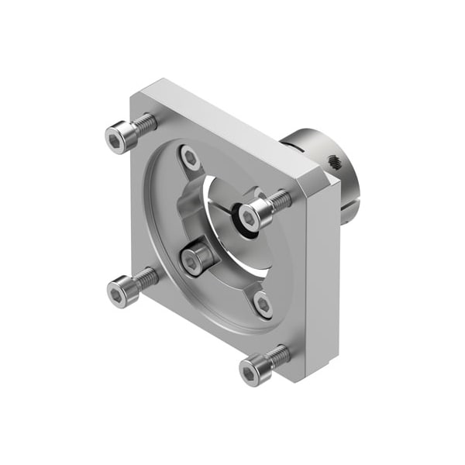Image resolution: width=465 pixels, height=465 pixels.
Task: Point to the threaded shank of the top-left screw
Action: pos(144,124)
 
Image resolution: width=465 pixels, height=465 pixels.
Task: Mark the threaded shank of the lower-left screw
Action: pos(145,278)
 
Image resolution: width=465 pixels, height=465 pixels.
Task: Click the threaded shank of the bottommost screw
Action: pos(277,356)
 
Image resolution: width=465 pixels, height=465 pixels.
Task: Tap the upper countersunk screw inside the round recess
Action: pos(189,158)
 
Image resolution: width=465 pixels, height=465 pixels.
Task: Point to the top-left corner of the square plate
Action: pos(139,91)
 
